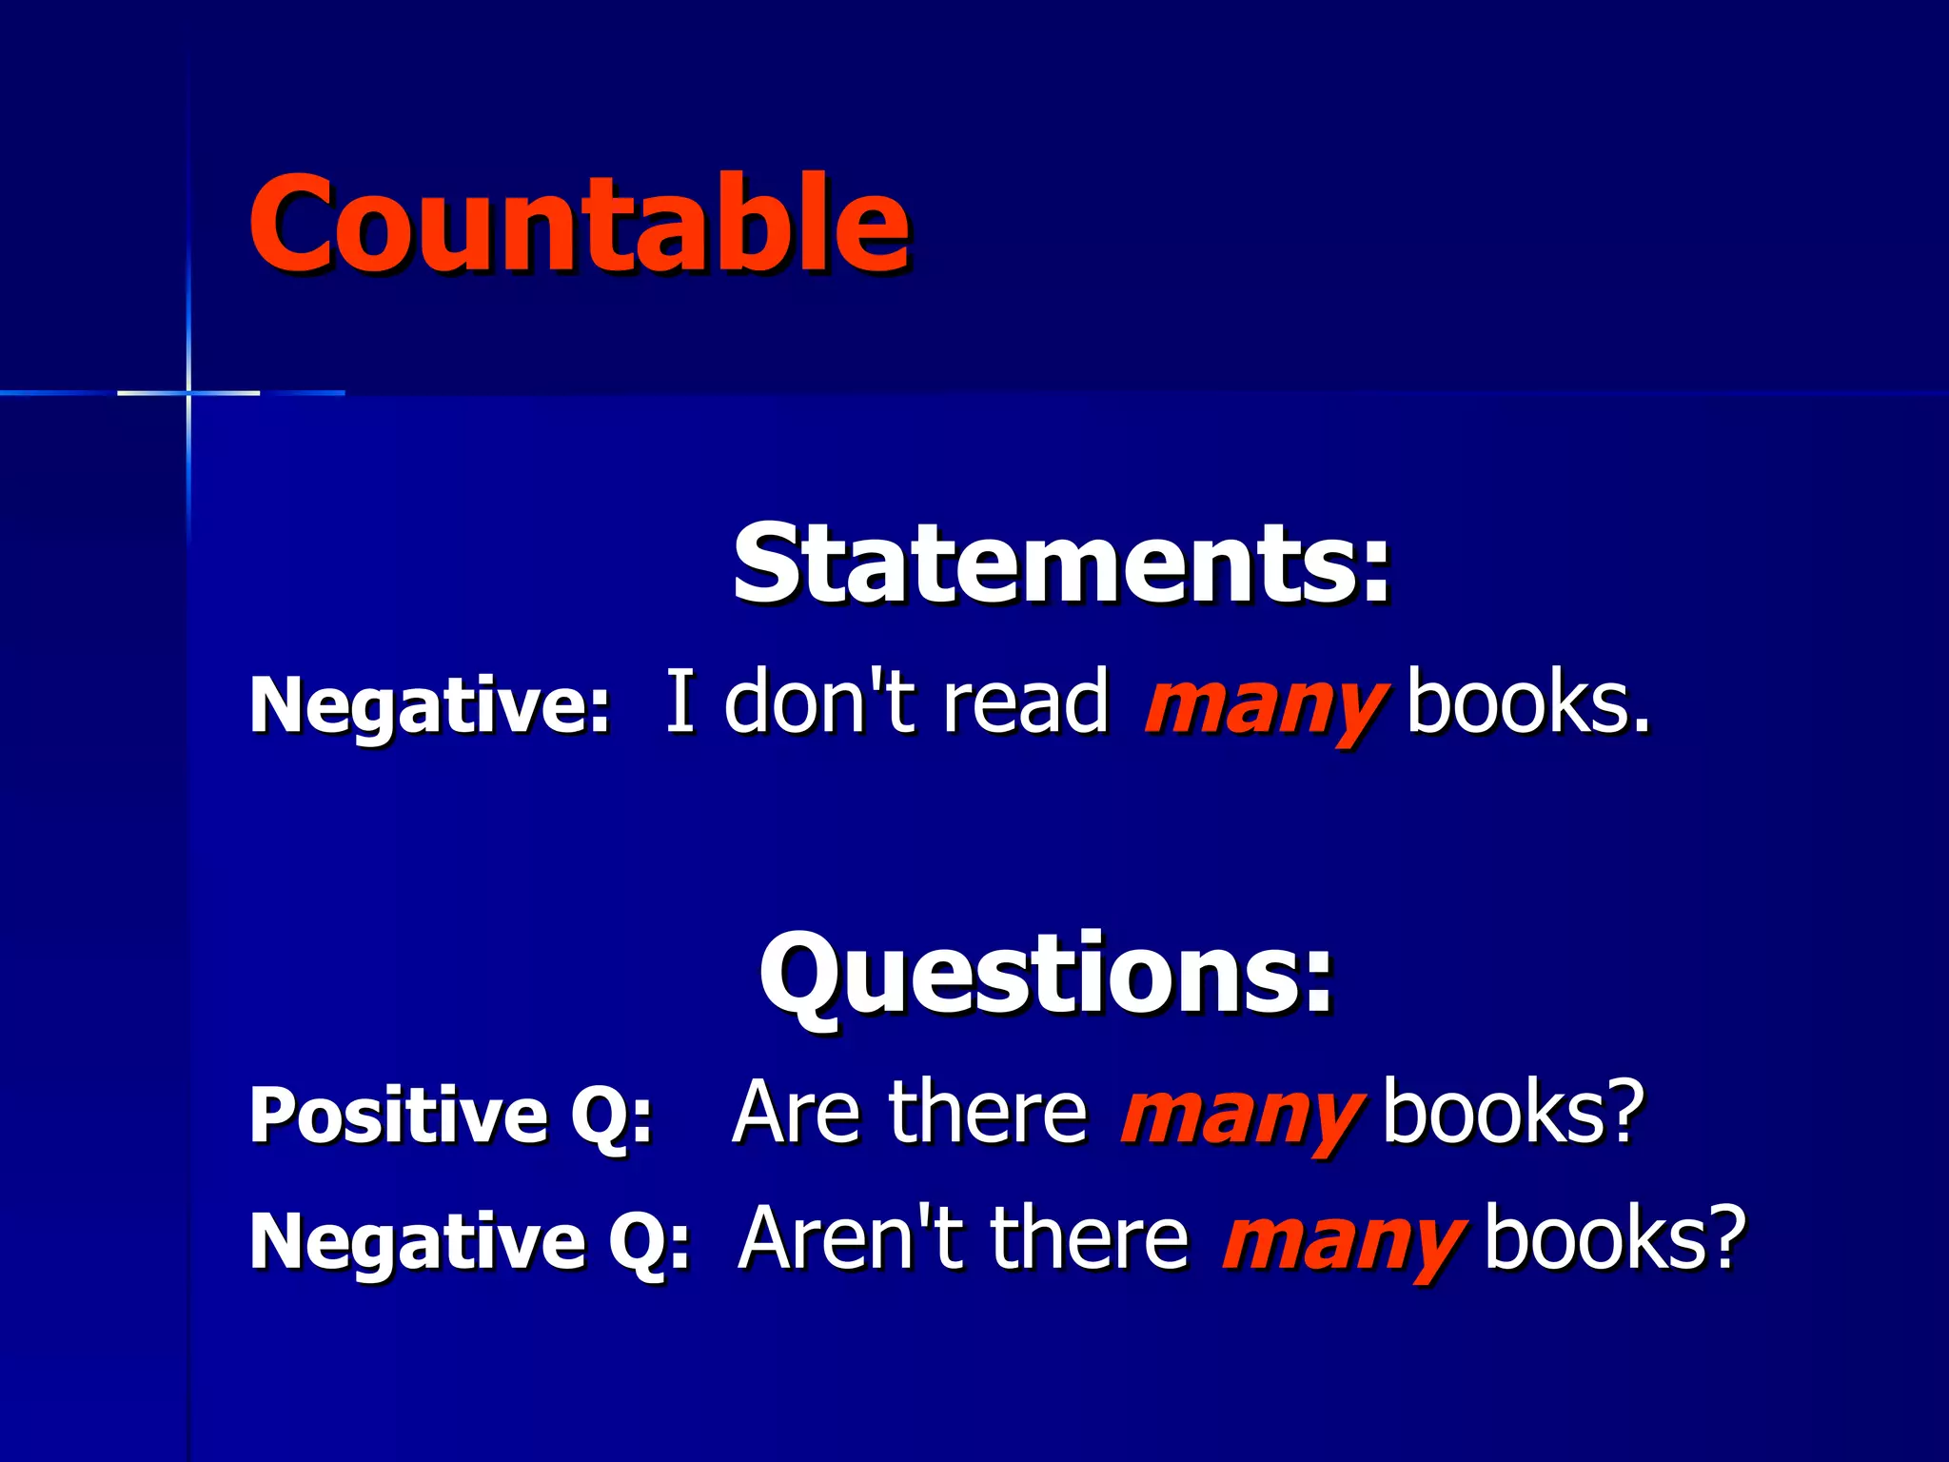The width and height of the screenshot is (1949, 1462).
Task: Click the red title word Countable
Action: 579,225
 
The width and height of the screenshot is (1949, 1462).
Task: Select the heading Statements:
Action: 1061,565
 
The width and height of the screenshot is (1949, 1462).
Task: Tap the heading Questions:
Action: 1046,975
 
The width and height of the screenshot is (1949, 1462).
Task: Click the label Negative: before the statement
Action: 429,705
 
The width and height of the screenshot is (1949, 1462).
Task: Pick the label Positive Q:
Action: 450,1115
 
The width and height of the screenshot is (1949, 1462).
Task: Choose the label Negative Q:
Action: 469,1240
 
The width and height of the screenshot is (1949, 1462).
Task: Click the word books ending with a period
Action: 1527,701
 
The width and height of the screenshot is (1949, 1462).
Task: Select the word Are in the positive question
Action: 797,1112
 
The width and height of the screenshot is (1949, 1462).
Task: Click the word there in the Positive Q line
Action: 987,1112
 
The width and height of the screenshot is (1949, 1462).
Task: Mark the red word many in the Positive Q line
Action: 1241,1116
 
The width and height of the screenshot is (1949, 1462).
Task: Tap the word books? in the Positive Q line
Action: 1513,1112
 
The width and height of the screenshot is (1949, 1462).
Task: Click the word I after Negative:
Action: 679,701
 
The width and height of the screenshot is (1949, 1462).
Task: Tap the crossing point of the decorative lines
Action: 188,392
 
